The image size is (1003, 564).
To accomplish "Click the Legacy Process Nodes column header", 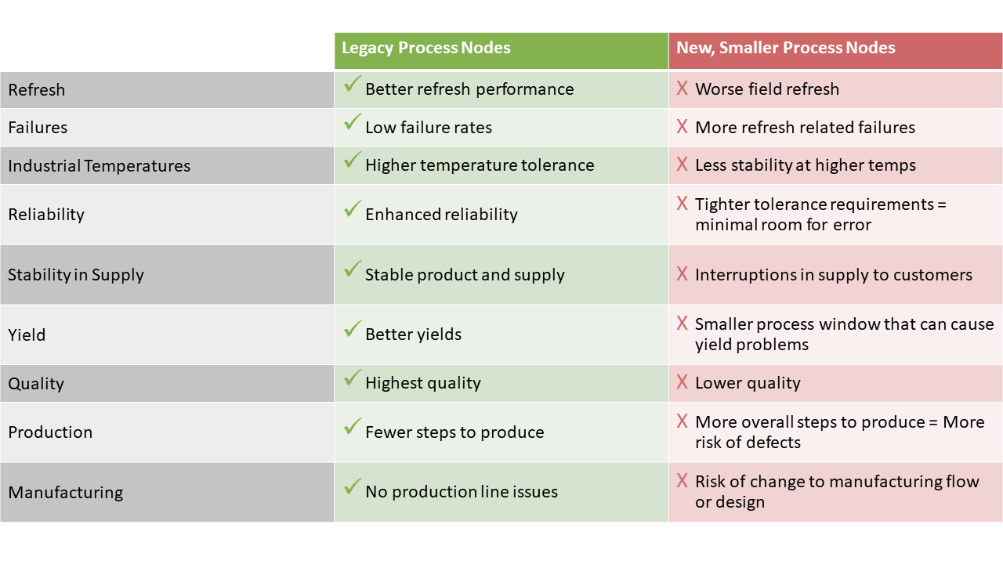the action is pos(425,48).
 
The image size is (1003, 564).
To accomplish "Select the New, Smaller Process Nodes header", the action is pos(785,48).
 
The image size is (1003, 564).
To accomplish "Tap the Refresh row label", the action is pos(36,90).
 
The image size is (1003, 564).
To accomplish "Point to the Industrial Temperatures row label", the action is pos(99,166).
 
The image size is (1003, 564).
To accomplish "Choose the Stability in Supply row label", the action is pos(76,275).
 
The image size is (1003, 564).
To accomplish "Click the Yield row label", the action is pos(27,334).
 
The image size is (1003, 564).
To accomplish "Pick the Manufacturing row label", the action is pos(65,493).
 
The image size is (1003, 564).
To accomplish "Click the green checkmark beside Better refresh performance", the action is pos(353,84).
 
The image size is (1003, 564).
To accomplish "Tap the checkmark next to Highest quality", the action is pos(353,378).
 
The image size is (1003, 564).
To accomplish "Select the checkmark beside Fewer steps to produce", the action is pos(353,426).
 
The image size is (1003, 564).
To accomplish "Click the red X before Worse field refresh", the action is pos(682,88).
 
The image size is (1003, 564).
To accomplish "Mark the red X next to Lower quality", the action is pos(682,381).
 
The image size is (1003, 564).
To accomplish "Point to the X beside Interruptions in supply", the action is pos(682,273).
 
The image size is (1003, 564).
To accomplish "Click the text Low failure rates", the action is pos(429,128).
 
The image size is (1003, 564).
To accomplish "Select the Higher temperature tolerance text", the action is pos(480,165).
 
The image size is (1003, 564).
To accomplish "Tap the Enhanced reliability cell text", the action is pos(441,215).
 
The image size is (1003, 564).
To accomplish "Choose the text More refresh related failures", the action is pos(805,128).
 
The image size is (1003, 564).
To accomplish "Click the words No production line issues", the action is pos(462,492).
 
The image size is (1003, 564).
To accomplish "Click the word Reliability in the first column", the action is pos(46,215).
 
